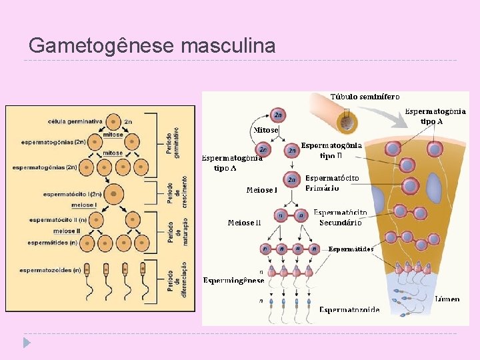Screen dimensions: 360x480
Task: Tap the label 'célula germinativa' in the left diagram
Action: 75,121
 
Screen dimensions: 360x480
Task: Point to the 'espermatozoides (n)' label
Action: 50,270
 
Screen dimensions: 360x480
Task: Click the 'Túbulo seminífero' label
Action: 365,97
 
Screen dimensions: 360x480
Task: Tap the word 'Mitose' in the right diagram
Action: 265,129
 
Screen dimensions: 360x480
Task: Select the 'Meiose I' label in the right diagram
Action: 261,190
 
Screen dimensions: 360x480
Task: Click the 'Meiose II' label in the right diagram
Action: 244,222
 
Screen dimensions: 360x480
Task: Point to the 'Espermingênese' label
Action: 234,280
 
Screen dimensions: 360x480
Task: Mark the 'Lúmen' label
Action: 447,299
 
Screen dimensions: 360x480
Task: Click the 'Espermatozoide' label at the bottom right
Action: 349,309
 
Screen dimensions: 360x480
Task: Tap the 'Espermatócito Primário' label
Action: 332,183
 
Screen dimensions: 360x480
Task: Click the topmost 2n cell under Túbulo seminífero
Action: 278,115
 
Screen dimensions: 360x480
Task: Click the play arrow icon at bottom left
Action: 25,343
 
